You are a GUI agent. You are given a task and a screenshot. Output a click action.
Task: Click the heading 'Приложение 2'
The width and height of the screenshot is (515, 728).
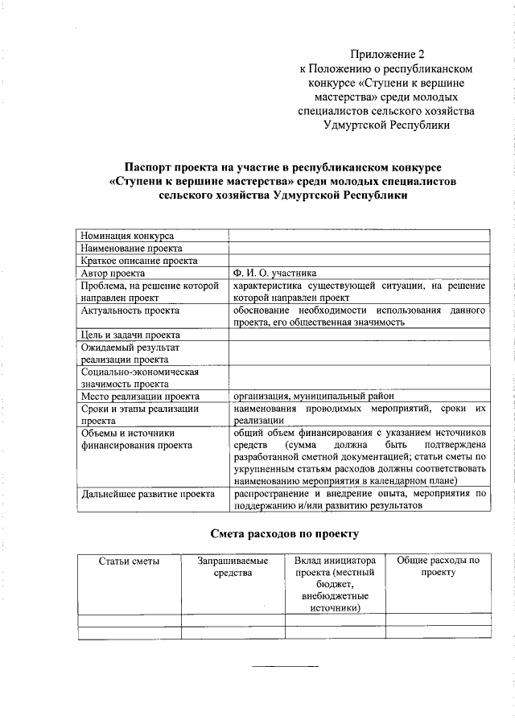392,55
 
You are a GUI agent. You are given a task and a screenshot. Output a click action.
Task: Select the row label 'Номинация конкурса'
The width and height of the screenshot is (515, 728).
127,236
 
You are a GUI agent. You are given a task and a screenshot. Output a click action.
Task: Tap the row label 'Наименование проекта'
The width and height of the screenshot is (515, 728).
131,249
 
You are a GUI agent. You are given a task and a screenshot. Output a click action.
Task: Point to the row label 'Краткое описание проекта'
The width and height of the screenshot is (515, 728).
138,261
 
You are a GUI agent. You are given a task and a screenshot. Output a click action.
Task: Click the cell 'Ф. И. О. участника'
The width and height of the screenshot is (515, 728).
274,273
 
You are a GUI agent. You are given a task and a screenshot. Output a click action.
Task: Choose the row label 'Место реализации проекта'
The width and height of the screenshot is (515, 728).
140,396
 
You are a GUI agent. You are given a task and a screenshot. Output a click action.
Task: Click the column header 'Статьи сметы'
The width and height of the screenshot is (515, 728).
129,561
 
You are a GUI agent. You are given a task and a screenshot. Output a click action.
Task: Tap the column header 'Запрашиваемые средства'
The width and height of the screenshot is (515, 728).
233,566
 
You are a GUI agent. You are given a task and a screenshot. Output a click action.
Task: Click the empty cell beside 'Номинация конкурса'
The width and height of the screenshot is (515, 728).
360,236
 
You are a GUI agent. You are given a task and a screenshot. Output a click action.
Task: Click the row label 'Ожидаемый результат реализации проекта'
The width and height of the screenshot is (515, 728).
130,353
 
